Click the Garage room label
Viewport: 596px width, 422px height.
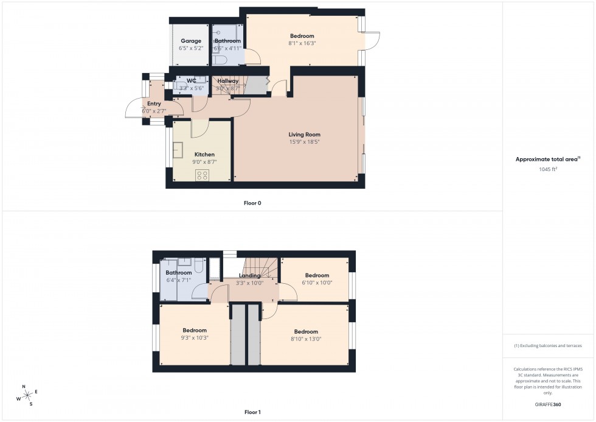point(190,41)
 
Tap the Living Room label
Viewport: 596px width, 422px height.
point(304,135)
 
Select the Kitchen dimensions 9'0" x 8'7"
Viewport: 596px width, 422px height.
point(204,163)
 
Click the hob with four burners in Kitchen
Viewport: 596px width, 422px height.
point(203,176)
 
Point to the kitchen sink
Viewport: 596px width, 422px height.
point(179,150)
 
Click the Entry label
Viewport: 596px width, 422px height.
point(154,104)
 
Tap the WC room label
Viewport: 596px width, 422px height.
point(192,81)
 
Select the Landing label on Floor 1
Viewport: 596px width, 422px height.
point(249,275)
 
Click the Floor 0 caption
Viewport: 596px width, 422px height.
point(252,203)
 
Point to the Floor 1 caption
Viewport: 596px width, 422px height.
point(252,412)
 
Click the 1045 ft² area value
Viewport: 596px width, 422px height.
point(549,169)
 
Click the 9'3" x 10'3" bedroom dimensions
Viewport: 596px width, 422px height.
point(195,338)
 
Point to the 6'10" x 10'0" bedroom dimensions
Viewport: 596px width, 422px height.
point(316,283)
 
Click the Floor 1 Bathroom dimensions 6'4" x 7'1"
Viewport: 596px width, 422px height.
point(179,281)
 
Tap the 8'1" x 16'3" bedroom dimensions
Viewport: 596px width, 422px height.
point(302,43)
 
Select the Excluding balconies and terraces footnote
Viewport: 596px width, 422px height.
point(548,346)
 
